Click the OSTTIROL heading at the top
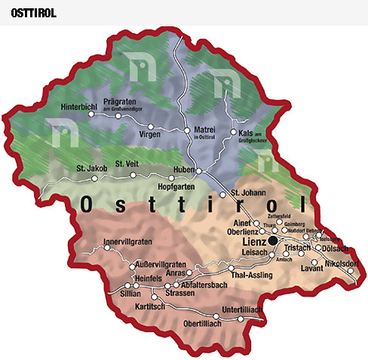click(34, 14)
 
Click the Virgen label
click(151, 134)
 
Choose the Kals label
click(246, 132)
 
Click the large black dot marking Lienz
click(272, 241)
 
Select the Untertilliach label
click(244, 309)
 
